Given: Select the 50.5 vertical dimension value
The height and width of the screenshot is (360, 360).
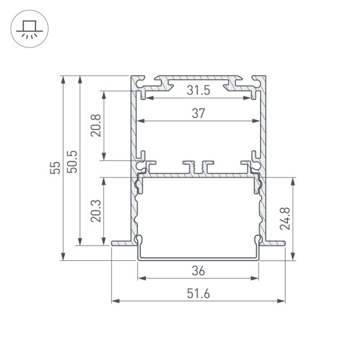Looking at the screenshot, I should click(x=72, y=160).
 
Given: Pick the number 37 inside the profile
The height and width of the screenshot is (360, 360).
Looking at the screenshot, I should click(x=199, y=113).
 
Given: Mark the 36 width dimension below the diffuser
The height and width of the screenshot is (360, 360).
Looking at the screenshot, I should click(x=199, y=271).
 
